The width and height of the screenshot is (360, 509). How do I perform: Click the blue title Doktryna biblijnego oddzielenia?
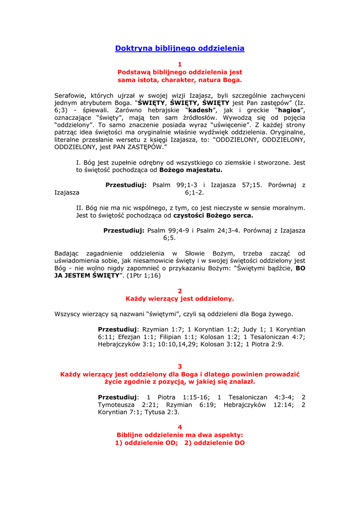pos(180,48)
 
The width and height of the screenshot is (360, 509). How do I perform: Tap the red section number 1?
pos(180,64)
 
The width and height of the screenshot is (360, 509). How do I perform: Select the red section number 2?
pos(180,291)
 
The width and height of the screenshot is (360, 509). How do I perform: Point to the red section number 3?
pos(180,366)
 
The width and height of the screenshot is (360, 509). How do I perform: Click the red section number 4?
pos(180,427)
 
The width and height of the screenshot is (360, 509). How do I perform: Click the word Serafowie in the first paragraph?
pos(70,95)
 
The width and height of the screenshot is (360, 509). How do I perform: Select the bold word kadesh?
pos(199,110)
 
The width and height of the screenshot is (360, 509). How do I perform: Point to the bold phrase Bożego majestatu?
pos(191,170)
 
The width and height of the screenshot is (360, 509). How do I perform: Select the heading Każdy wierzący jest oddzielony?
pos(180,299)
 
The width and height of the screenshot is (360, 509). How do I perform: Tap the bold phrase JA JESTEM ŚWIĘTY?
pos(87,275)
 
